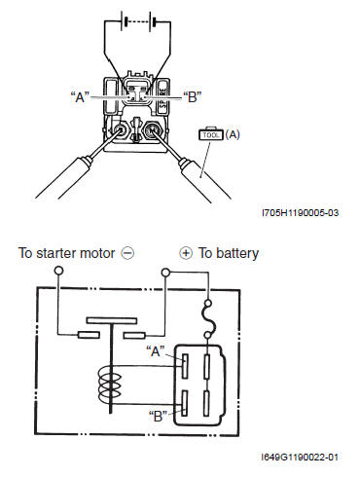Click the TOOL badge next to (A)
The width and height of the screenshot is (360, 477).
pos(211,134)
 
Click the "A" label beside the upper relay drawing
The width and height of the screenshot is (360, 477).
pos(80,96)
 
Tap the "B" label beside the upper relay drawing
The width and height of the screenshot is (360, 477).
pos(193,96)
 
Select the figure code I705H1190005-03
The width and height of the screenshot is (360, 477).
pos(301,213)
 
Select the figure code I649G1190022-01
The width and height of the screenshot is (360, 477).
pos(300,457)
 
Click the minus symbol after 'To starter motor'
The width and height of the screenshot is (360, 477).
pos(127,253)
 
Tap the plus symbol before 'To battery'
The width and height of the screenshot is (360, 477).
pos(186,253)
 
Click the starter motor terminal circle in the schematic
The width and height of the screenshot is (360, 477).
pos(58,271)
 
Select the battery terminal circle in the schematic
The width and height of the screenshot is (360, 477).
pos(165,272)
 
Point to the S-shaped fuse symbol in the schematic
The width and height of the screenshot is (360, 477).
pos(208,319)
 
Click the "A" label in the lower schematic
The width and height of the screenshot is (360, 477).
pos(156,351)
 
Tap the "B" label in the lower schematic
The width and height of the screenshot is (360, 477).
pos(158,417)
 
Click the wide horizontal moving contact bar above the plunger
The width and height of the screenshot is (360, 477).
pos(112,320)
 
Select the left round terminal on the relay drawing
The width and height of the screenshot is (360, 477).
pos(119,130)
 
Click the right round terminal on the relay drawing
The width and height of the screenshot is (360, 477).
pos(152,129)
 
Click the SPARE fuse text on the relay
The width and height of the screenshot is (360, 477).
pos(162,97)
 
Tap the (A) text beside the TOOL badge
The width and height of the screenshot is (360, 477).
pos(233,134)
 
